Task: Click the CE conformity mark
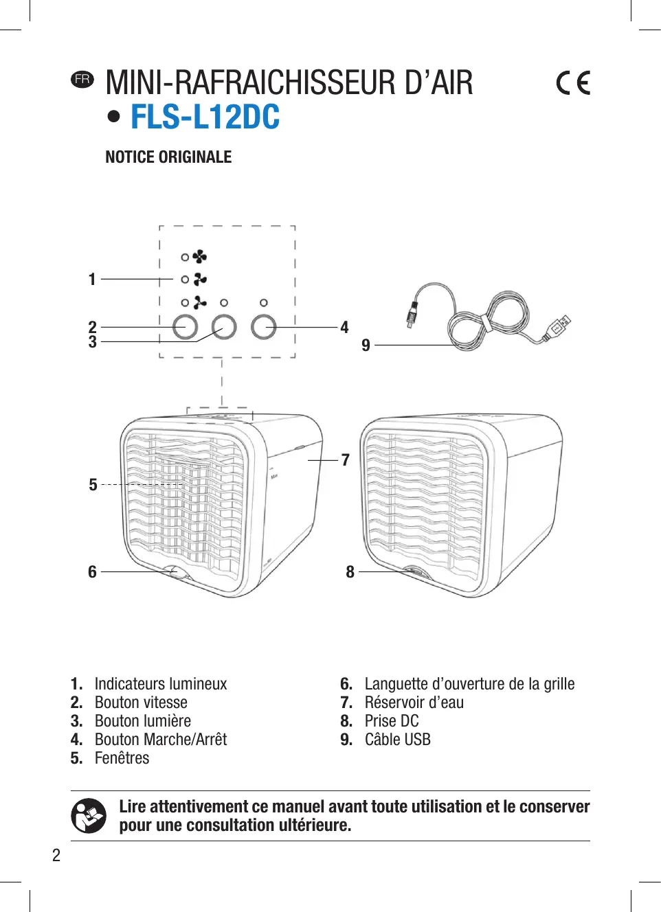click(x=573, y=83)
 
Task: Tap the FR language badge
click(x=82, y=79)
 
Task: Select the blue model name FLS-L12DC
click(x=205, y=117)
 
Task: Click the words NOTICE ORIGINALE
click(x=168, y=157)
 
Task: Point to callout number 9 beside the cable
click(x=366, y=345)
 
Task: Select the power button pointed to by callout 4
click(x=263, y=327)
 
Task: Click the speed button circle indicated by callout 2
click(x=185, y=327)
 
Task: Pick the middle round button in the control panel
click(x=224, y=327)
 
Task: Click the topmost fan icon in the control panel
click(x=199, y=257)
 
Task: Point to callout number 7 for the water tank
click(x=346, y=459)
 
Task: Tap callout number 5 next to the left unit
click(x=93, y=485)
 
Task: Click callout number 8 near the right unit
click(x=350, y=571)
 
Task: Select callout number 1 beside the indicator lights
click(x=92, y=280)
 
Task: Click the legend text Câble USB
click(x=397, y=740)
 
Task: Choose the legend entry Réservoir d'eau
click(x=414, y=703)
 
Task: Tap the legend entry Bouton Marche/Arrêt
click(x=161, y=740)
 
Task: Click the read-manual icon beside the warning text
click(x=89, y=816)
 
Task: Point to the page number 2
click(x=56, y=855)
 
